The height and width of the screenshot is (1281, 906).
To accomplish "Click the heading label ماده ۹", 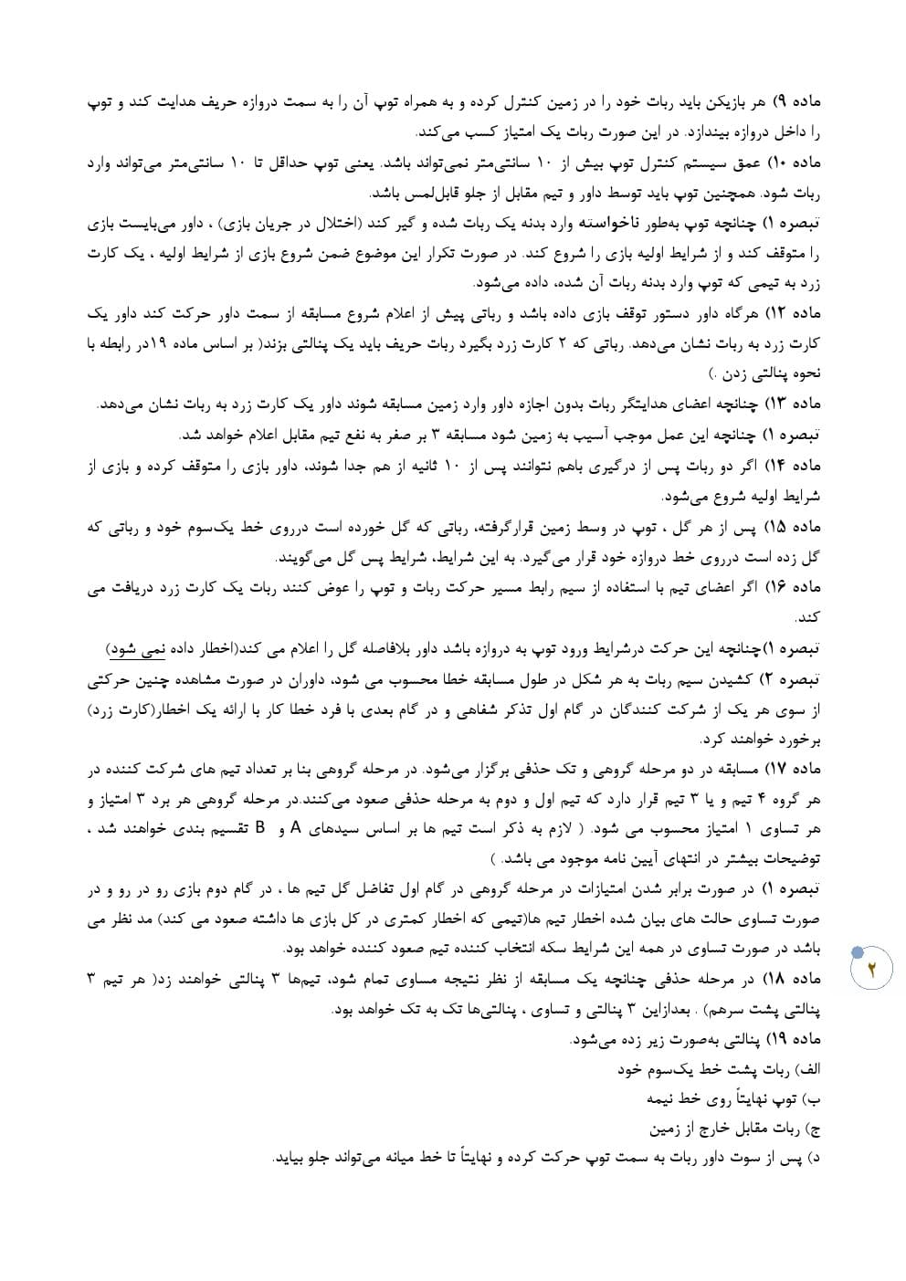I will (x=797, y=100).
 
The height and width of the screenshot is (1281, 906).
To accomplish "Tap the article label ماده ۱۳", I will (x=796, y=404).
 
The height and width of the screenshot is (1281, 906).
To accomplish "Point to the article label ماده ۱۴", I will (x=796, y=466).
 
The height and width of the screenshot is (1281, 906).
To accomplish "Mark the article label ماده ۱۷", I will (x=796, y=769).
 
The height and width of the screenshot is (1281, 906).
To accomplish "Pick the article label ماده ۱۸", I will (x=796, y=979).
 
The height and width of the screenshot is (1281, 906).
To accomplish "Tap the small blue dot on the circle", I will (x=856, y=952).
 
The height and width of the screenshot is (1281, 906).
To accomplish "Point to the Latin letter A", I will (x=295, y=828).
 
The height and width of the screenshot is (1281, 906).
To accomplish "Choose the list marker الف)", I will (x=807, y=1069).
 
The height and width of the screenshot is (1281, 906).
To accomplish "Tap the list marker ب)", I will (x=813, y=1099).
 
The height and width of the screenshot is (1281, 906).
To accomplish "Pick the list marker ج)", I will (x=813, y=1129).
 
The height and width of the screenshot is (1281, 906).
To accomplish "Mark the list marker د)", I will (x=814, y=1159).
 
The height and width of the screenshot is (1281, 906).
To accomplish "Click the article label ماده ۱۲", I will (x=796, y=314).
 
